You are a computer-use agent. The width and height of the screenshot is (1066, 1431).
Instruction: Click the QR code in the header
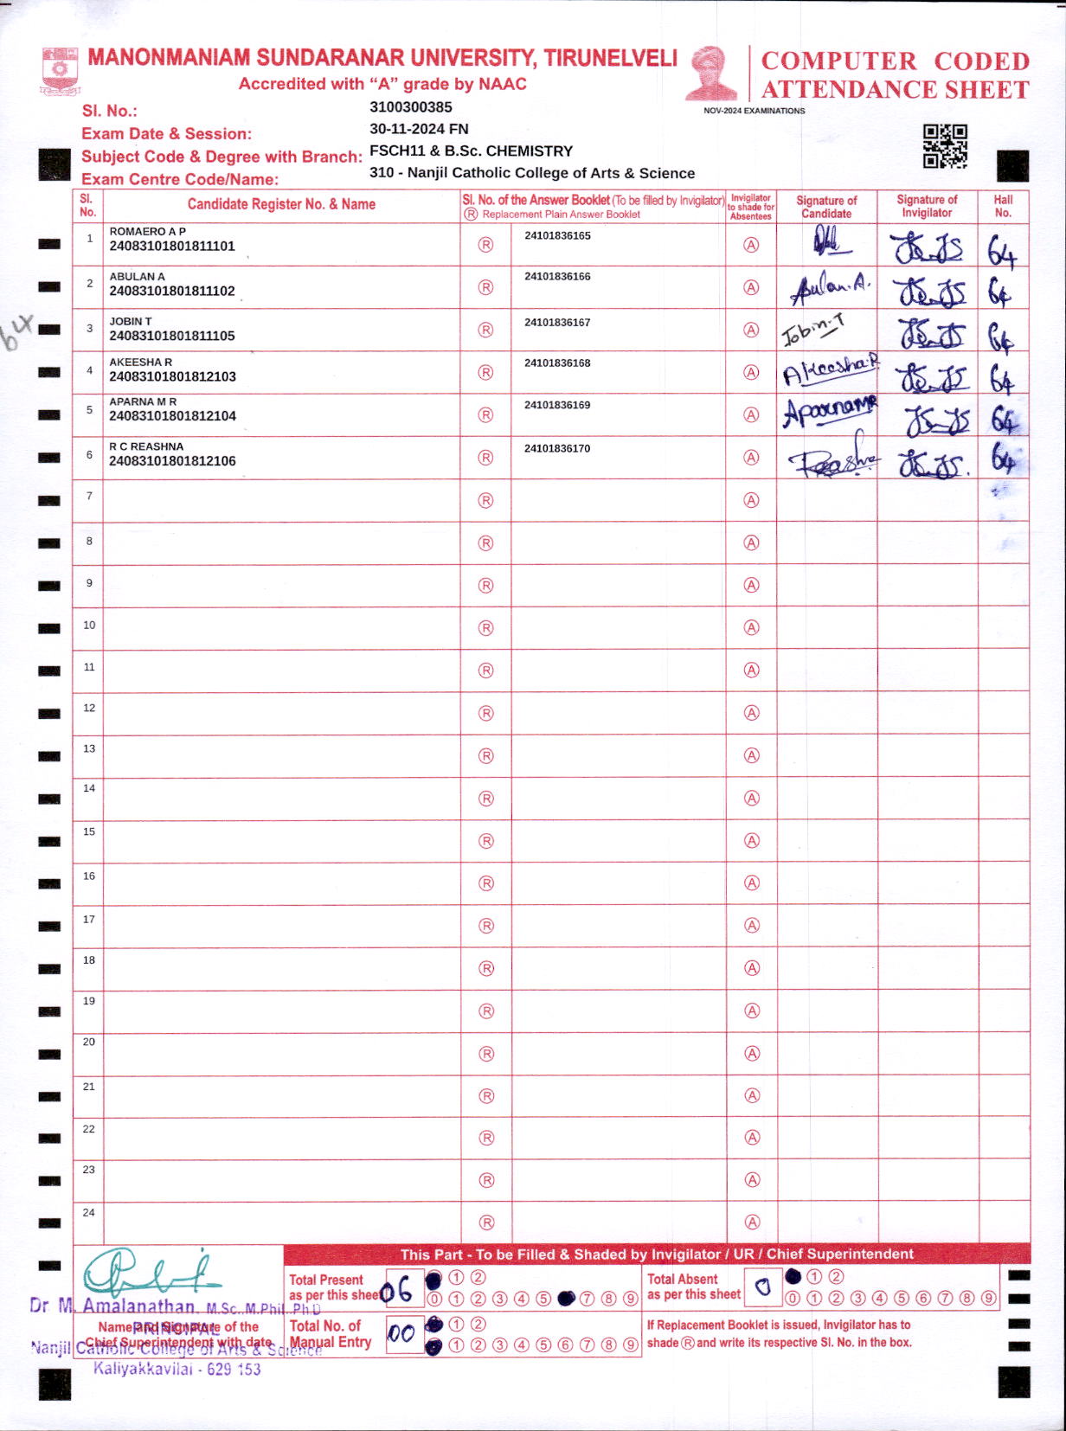pos(944,146)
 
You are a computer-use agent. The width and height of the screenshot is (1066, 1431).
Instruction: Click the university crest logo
pos(61,72)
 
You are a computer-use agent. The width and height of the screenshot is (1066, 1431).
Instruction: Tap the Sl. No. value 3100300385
pos(410,107)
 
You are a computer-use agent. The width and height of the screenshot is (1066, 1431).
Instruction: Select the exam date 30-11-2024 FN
pos(419,129)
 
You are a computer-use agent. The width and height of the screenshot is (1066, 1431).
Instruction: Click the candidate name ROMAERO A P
pos(147,232)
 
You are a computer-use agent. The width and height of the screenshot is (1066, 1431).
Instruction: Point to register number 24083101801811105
pos(172,336)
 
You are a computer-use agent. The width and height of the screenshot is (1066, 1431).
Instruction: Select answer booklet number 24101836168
pos(557,363)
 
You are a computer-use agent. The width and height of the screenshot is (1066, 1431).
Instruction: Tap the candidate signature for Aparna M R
pos(829,412)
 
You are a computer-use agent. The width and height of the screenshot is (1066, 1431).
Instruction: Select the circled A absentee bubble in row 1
pos(751,245)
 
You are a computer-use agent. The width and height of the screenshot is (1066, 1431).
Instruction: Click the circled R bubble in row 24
pos(486,1222)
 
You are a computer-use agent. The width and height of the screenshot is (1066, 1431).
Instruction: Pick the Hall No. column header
pos(1003,206)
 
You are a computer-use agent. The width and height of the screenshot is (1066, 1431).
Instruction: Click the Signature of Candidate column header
pos(826,207)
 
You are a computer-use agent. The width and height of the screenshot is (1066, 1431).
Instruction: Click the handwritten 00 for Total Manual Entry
pos(401,1333)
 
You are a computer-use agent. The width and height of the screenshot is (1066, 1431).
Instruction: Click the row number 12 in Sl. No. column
pos(89,708)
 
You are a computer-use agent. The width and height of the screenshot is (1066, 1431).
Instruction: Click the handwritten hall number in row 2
pos(999,293)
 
